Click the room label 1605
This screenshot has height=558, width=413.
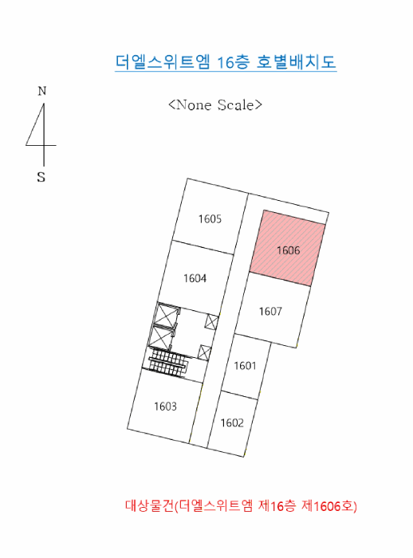click(210, 218)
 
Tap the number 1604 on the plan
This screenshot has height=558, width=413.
click(195, 278)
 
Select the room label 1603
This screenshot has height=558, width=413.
click(165, 406)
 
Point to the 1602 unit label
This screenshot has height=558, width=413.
click(232, 422)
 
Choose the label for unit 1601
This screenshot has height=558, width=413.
click(245, 365)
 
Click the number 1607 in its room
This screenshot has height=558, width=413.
click(270, 312)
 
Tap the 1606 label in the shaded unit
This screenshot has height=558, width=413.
click(289, 250)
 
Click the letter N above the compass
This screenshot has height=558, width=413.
click(42, 91)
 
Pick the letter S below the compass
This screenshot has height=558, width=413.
click(41, 177)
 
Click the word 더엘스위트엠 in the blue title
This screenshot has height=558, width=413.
click(163, 61)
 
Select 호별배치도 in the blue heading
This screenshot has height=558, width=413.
click(297, 61)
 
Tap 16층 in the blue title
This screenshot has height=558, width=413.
click(233, 62)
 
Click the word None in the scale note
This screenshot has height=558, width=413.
click(194, 104)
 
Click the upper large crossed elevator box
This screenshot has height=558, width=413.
click(167, 315)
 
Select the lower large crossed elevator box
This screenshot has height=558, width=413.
click(161, 336)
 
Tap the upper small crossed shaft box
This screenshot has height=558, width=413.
click(211, 322)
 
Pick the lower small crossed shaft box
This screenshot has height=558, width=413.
click(204, 352)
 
